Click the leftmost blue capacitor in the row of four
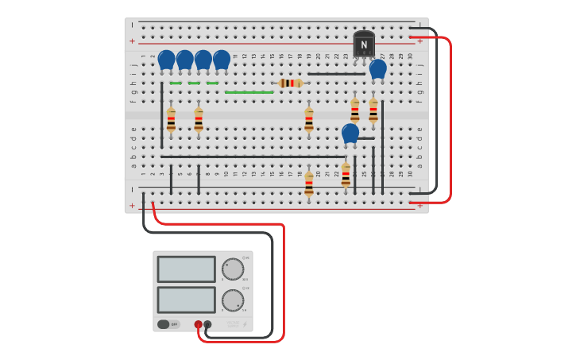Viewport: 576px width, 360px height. [166, 60]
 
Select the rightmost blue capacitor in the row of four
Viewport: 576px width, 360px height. [222, 60]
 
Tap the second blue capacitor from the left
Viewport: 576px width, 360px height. [184, 60]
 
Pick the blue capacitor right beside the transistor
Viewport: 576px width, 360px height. [378, 68]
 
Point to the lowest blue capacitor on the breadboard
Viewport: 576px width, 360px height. [350, 133]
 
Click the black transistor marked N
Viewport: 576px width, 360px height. [364, 45]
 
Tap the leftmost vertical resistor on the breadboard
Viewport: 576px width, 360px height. [171, 121]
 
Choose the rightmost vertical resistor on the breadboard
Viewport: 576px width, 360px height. [373, 110]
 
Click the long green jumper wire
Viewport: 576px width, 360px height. [249, 92]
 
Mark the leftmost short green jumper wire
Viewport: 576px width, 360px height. [176, 83]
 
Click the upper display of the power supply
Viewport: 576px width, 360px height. [186, 269]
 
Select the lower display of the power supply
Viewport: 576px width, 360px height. [186, 299]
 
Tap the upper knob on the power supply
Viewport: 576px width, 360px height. [233, 269]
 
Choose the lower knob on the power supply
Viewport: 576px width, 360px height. [233, 300]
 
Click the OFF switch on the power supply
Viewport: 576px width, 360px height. [168, 324]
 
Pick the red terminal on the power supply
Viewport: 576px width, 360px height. [198, 324]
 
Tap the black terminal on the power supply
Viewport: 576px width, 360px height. [207, 324]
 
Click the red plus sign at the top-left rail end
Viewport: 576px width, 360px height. [132, 41]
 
